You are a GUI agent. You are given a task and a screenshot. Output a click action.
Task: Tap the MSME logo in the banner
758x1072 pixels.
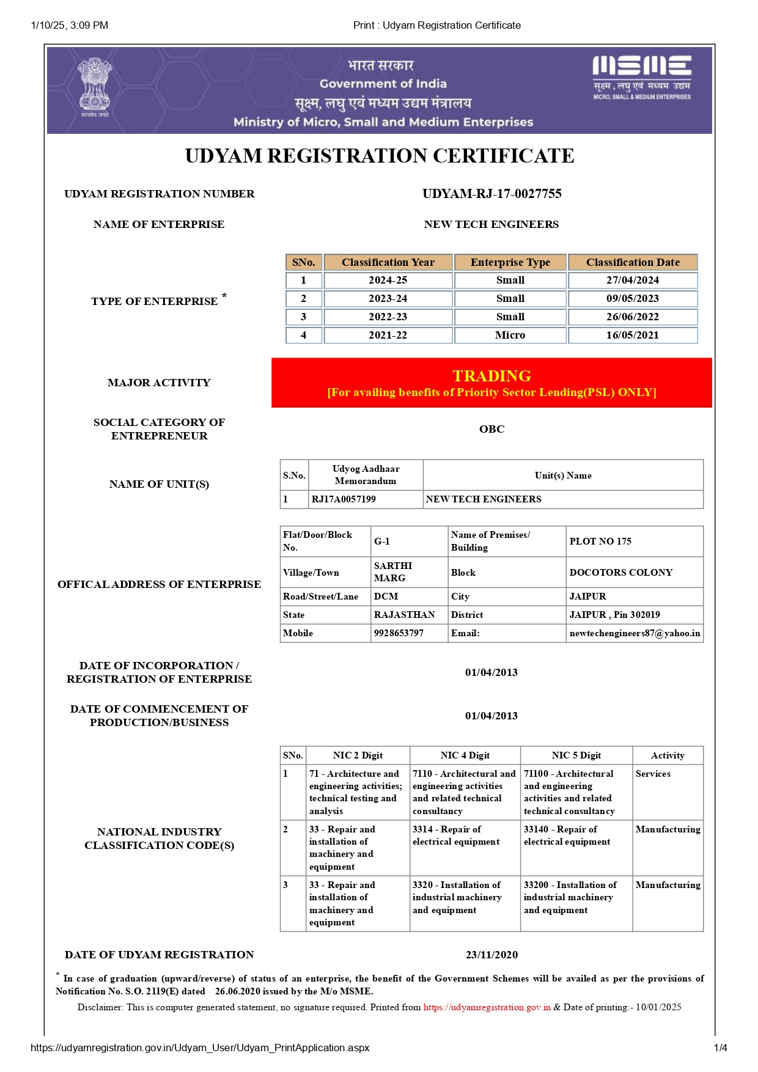pyautogui.click(x=641, y=77)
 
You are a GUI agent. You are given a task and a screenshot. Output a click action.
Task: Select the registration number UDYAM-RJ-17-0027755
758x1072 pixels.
pyautogui.click(x=491, y=194)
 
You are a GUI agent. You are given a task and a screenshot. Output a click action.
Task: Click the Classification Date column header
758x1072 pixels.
pyautogui.click(x=633, y=262)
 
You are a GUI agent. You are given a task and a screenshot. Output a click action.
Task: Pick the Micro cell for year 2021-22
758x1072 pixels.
pyautogui.click(x=510, y=335)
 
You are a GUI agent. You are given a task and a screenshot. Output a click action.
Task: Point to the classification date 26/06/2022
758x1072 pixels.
pyautogui.click(x=633, y=317)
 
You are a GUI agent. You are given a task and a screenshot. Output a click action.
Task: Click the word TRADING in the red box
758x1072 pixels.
pyautogui.click(x=491, y=376)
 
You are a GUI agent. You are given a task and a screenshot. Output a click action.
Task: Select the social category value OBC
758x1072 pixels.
pyautogui.click(x=491, y=429)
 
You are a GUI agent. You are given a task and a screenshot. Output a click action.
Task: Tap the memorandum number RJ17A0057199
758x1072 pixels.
pyautogui.click(x=344, y=499)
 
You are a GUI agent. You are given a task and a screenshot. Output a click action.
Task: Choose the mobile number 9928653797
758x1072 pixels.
pyautogui.click(x=399, y=633)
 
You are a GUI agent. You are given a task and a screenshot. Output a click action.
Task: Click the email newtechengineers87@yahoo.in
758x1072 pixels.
pyautogui.click(x=635, y=633)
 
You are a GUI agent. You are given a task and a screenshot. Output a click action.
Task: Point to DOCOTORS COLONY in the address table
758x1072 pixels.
pyautogui.click(x=620, y=573)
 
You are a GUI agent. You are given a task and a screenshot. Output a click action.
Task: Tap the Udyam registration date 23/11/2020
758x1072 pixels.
pyautogui.click(x=491, y=955)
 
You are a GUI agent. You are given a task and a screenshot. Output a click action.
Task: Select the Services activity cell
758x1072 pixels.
pyautogui.click(x=653, y=774)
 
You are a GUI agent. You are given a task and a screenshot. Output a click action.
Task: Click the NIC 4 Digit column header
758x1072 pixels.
pyautogui.click(x=465, y=755)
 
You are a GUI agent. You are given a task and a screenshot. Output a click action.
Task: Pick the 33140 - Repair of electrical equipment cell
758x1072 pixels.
pyautogui.click(x=567, y=835)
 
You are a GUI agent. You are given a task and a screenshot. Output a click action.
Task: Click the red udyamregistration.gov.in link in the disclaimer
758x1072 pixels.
pyautogui.click(x=487, y=1007)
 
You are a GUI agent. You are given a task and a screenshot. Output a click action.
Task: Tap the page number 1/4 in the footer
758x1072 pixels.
pyautogui.click(x=720, y=1048)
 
